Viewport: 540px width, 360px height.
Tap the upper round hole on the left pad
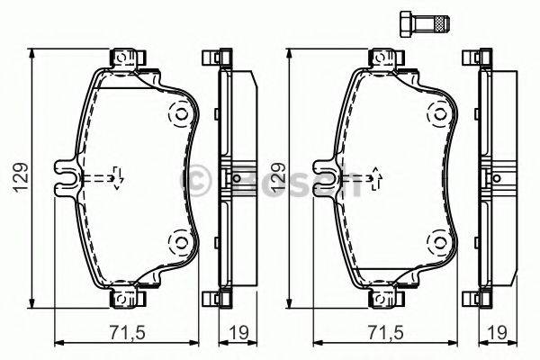(178, 115)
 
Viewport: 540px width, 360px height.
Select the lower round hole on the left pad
(178, 240)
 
